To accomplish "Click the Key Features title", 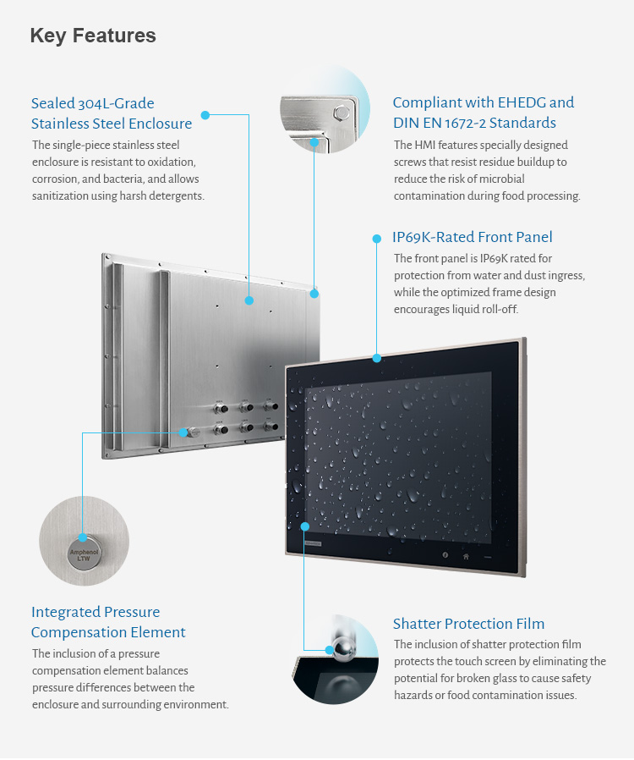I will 93,36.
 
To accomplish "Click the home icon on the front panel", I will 466,556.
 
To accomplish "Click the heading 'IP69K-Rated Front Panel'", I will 473,237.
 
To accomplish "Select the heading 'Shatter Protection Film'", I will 468,625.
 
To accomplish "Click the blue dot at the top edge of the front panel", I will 377,358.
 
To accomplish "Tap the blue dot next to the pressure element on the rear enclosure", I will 183,432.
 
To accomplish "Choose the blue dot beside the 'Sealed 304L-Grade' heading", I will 205,114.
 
